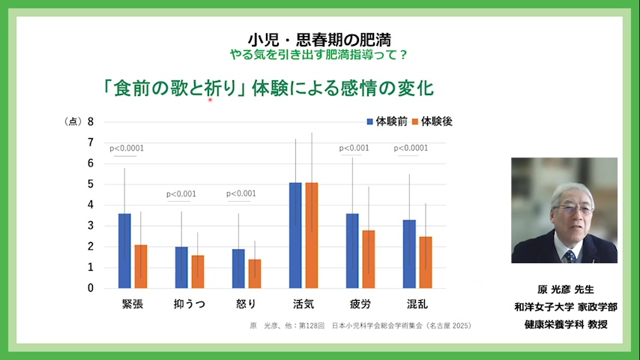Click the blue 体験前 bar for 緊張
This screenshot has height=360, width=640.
pos(124,250)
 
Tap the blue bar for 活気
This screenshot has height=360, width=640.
pos(295,235)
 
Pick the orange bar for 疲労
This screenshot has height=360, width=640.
pos(369,259)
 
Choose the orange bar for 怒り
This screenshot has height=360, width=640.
pos(255,273)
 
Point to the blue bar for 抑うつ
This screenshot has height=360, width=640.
pos(181,267)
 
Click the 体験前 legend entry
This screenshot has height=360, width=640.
pos(387,121)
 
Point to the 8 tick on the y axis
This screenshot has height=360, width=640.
pos(91,121)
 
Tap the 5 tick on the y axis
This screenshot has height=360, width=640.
pos(91,184)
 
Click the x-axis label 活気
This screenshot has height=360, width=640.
pos(304,304)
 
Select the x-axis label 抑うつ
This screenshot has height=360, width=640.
pos(190,304)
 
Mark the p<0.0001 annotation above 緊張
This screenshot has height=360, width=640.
pos(127,148)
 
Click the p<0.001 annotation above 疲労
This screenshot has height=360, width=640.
pos(354,148)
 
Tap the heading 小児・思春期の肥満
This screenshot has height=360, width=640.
pos(320,40)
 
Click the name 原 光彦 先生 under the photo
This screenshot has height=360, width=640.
pos(566,289)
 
